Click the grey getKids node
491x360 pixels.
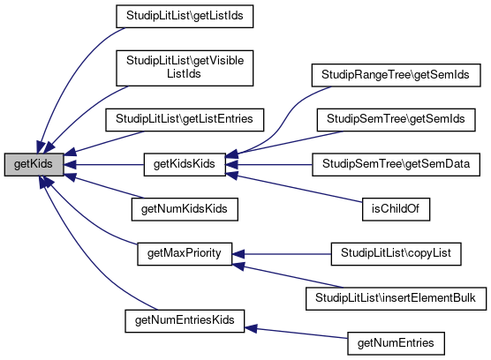34,164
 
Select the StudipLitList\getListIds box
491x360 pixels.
185,16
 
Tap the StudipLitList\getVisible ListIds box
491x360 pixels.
185,68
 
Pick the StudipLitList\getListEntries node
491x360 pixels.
185,120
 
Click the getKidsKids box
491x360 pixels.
185,164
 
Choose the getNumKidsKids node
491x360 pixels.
185,209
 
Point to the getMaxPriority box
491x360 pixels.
185,254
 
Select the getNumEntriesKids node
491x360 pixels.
185,321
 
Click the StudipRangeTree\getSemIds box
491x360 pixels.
396,75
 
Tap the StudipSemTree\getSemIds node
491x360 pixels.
396,120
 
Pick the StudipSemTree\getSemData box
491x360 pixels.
396,164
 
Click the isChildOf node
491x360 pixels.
396,209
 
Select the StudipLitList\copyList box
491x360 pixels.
396,254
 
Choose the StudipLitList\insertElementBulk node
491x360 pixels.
396,299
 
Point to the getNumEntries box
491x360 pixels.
396,343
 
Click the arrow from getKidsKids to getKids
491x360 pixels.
103,164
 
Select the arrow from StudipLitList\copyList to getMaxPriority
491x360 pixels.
282,254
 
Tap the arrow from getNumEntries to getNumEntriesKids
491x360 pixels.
296,333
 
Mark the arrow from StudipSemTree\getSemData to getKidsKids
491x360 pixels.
268,164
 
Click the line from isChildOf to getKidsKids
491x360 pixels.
294,188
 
